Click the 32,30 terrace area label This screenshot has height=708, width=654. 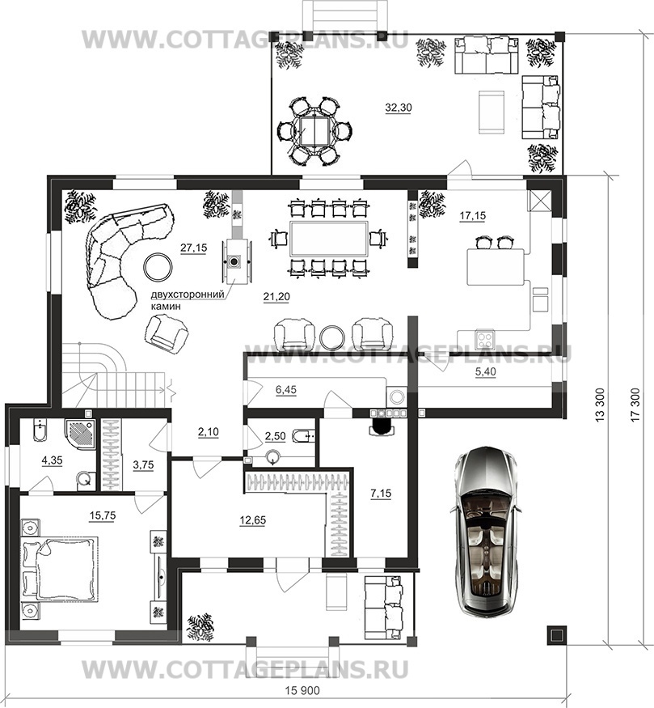click(x=399, y=108)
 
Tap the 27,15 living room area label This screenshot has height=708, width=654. click(x=193, y=248)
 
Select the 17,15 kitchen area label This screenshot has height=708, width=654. click(x=473, y=216)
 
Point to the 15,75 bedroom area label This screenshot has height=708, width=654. click(x=103, y=516)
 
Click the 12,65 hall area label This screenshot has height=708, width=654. click(x=252, y=520)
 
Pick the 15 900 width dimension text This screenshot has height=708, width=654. click(x=302, y=691)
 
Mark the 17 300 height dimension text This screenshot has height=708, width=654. click(x=635, y=405)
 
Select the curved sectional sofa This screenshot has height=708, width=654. click(x=120, y=257)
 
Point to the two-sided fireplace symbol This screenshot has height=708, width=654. click(x=234, y=261)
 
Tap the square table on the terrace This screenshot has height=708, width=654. click(x=315, y=130)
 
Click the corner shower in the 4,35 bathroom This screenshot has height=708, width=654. click(x=80, y=433)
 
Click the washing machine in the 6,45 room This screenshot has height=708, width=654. click(x=396, y=397)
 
